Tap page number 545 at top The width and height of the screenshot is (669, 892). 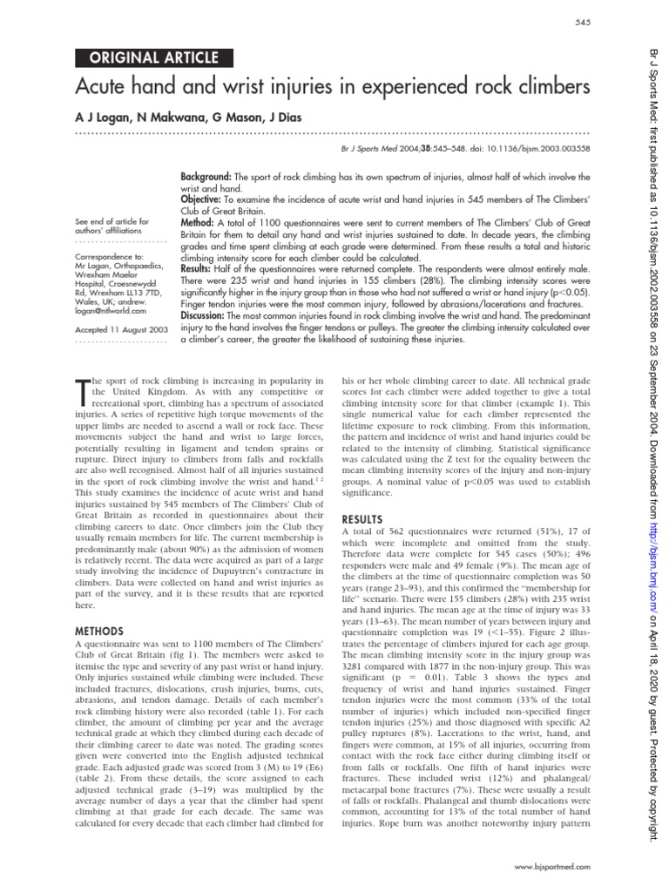pos(582,21)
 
